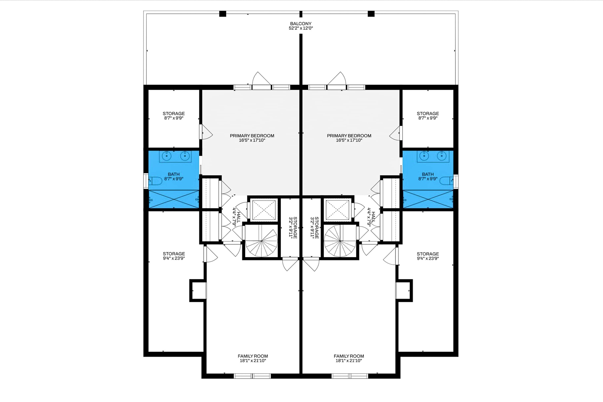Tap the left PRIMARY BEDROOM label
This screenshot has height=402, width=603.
coord(252,138)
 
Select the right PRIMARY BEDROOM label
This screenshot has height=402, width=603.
coord(349,138)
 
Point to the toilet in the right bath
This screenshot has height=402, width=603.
coord(446,181)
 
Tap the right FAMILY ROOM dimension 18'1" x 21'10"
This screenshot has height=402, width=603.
coord(349,360)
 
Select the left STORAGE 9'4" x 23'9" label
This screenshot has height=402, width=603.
coord(174,256)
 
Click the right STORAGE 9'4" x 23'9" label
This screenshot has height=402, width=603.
coord(428,256)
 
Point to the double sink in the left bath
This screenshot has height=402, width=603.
coord(175,156)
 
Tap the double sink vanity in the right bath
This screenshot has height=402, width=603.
coord(433,156)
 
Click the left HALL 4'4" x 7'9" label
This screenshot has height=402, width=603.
coord(236,217)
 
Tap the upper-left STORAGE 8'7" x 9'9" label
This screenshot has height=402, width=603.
coord(174,116)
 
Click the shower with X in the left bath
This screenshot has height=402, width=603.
coord(174,199)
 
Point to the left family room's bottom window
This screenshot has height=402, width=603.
coord(252,376)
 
